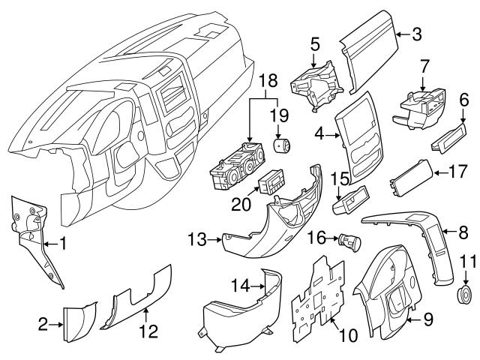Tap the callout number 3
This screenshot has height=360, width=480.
click(417, 34)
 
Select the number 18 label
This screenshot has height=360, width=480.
click(268, 80)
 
